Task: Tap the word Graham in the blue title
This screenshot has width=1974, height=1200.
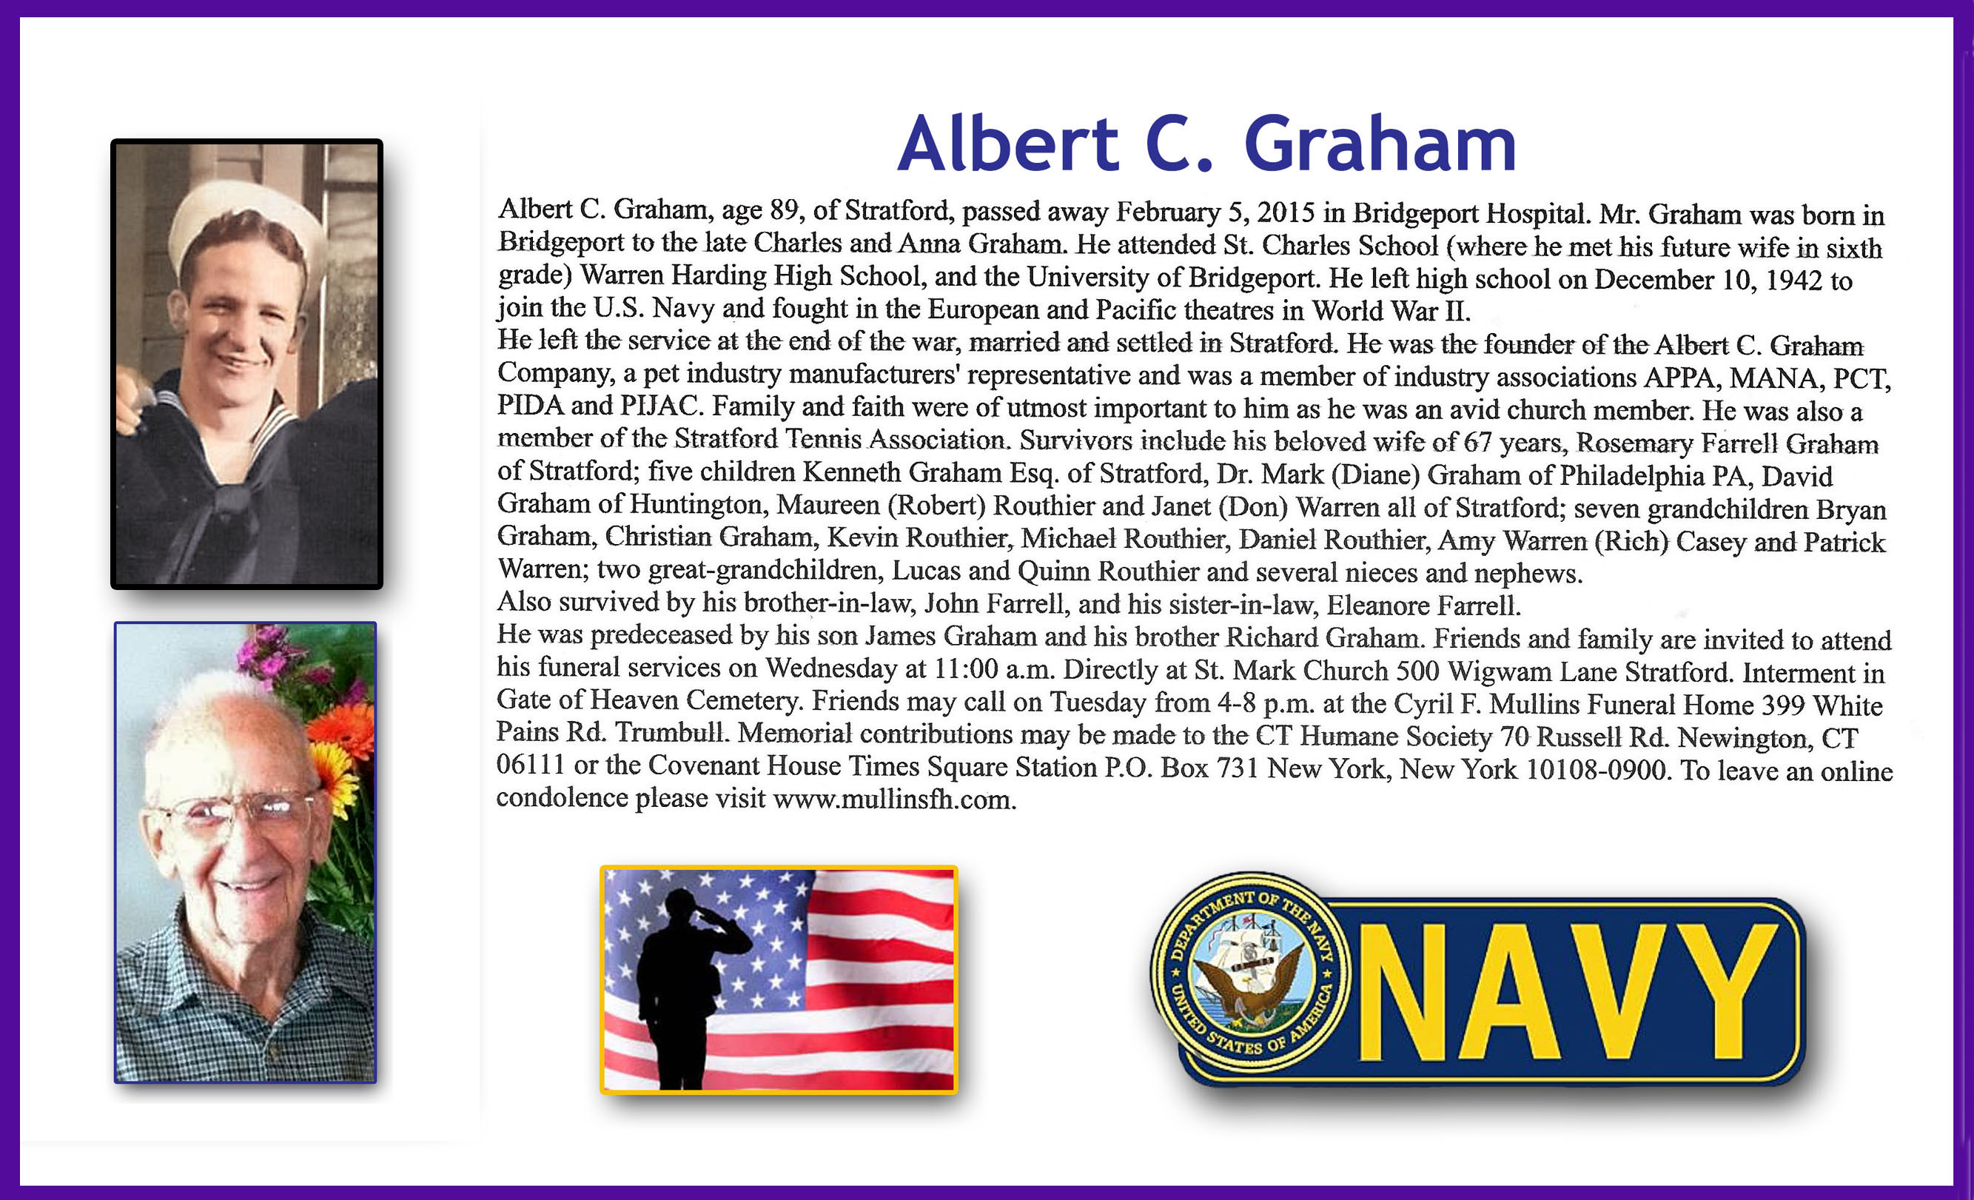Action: [1380, 144]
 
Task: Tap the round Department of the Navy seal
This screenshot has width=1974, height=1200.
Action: [1250, 972]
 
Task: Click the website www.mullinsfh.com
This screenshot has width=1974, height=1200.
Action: [894, 800]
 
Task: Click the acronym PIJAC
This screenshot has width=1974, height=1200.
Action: [661, 406]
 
